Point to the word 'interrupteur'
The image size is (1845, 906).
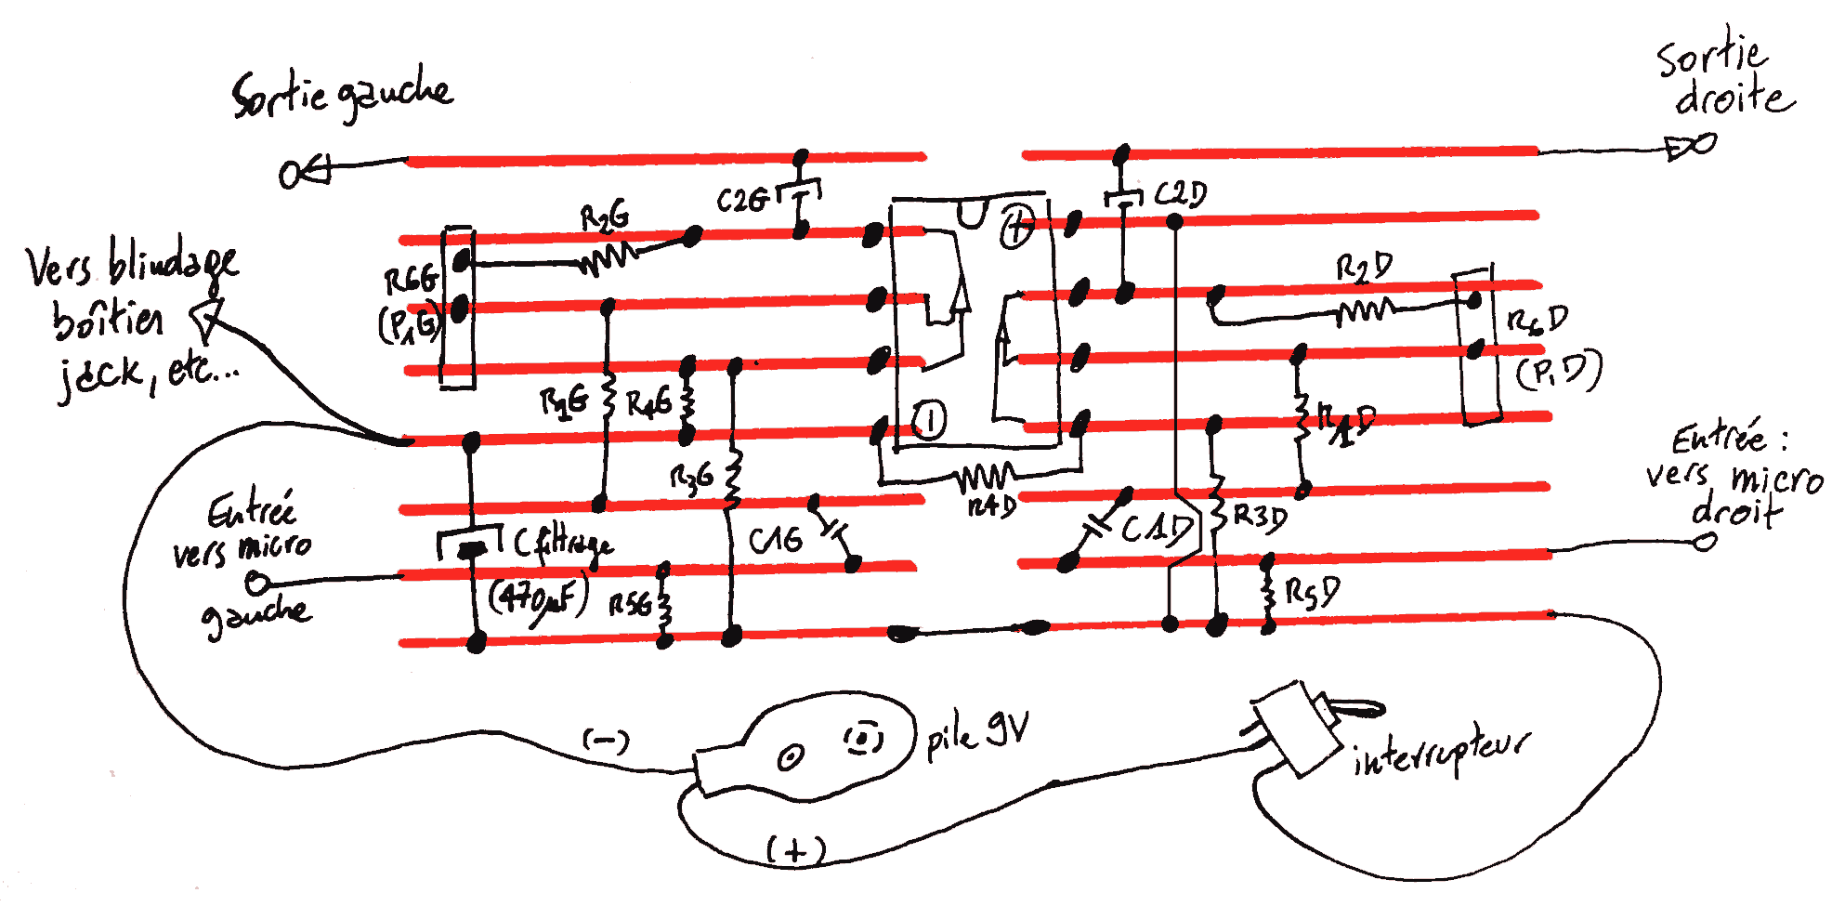tap(1441, 753)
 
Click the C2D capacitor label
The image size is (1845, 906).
tap(1180, 194)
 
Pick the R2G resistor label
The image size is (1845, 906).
tap(604, 219)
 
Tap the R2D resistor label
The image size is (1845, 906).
tap(1364, 269)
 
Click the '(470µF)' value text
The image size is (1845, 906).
tap(538, 598)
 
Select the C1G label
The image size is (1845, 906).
tap(775, 540)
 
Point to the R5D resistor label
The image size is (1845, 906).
tap(1312, 592)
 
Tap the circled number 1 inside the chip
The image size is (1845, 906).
tap(928, 420)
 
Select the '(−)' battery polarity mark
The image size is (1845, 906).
tap(606, 741)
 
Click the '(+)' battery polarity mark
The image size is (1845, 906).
tap(795, 849)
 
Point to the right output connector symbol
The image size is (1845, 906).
tap(1691, 147)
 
